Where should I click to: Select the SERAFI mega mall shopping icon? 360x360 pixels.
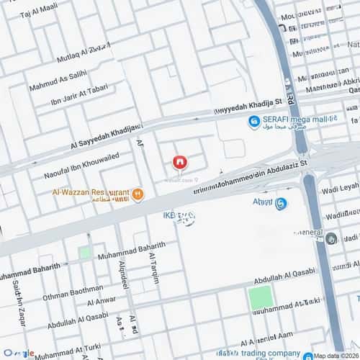tap(253, 122)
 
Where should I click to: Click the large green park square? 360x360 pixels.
tap(261, 297)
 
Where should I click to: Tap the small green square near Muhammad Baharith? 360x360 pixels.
tap(85, 253)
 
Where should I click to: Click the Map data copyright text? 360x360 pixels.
tap(335, 355)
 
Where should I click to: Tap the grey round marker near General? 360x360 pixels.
tap(330, 238)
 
